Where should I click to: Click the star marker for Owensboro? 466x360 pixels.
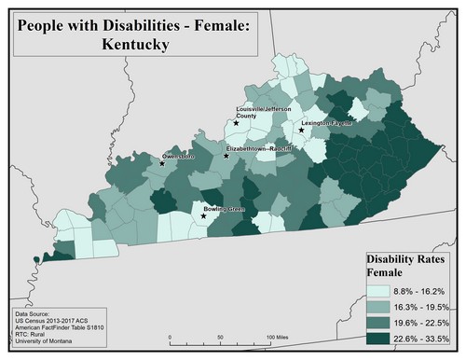(162, 163)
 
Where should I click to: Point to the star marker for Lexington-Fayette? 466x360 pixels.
(301, 131)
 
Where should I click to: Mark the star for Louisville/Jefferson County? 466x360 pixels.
(236, 122)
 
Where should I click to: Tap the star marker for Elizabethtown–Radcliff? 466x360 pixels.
(226, 156)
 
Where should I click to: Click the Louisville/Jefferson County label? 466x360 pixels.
(264, 112)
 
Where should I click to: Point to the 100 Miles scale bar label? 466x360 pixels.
(281, 336)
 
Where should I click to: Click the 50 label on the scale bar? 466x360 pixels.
(220, 336)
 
